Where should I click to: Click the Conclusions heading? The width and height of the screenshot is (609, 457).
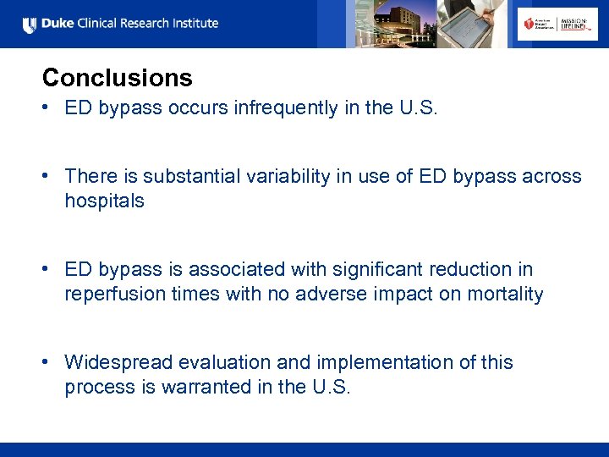(117, 78)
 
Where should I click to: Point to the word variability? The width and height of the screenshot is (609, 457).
(283, 176)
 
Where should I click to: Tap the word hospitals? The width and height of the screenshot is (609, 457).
(104, 201)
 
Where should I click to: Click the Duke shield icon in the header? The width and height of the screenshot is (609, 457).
(30, 25)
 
